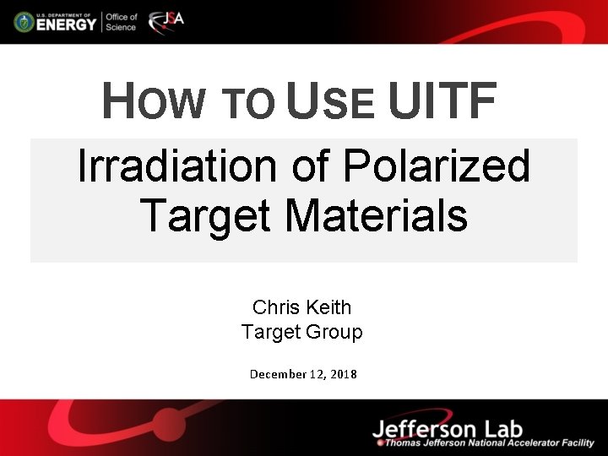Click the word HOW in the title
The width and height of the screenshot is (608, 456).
point(153,103)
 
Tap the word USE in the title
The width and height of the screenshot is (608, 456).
point(330,103)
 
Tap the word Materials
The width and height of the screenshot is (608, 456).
point(376,214)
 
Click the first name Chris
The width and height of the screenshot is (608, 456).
point(275,307)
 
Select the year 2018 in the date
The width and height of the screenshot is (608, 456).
point(344,373)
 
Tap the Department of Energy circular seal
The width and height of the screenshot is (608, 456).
point(23,22)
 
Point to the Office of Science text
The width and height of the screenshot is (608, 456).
point(121,22)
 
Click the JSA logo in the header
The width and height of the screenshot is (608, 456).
point(166,22)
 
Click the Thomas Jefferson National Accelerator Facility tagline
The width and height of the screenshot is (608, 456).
point(490,443)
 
